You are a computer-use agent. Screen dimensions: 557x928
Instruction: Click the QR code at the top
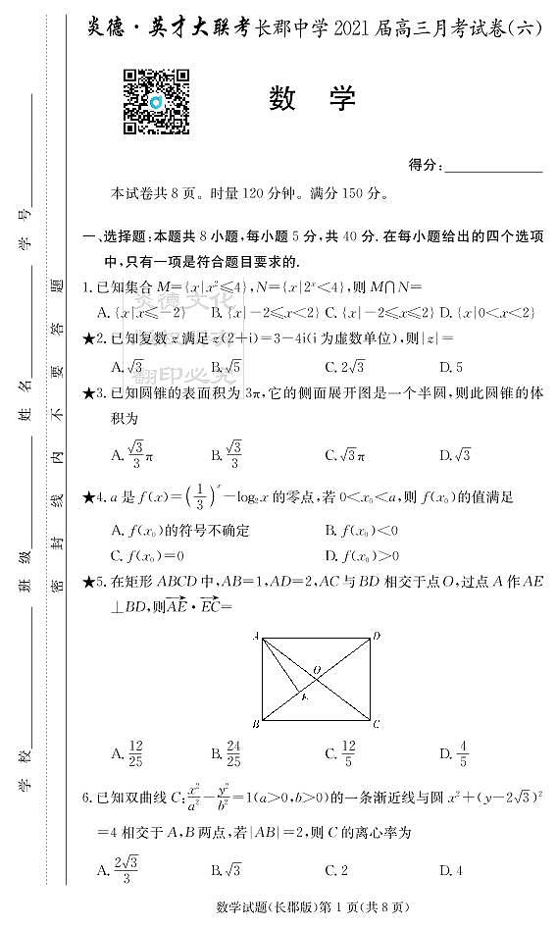155,101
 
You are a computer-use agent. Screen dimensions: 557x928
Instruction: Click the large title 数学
312,98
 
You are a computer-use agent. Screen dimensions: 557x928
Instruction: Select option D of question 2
451,367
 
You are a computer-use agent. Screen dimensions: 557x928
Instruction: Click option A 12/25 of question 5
129,754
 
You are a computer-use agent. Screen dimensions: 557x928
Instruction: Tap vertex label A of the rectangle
254,638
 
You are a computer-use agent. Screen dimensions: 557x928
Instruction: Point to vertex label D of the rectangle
377,638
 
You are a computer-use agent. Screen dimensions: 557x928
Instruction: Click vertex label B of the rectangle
254,724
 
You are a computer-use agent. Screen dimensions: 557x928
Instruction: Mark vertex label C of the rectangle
377,724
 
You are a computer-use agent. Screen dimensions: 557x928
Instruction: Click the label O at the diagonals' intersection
316,671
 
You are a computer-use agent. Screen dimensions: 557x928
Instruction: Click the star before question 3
88,393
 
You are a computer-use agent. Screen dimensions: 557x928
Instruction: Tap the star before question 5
88,583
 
